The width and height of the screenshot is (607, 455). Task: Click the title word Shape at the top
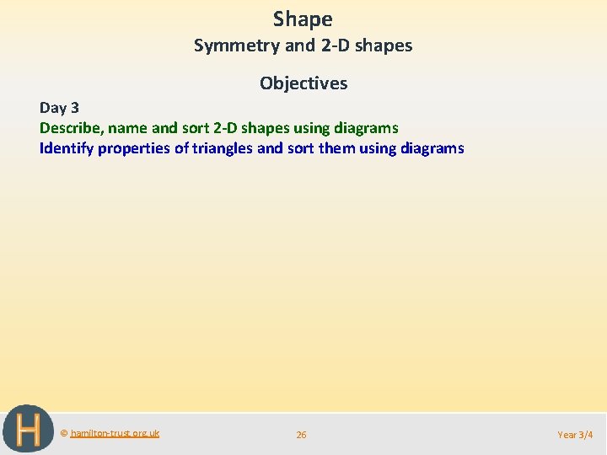pos(303,19)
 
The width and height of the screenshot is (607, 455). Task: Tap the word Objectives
pos(303,83)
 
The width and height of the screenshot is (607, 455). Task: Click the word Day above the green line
pos(53,107)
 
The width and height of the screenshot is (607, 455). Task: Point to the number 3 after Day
pos(74,107)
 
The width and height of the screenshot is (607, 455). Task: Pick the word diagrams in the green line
pos(365,128)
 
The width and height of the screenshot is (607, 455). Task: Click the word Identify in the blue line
pos(66,148)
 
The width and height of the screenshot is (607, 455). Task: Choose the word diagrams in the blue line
pos(431,148)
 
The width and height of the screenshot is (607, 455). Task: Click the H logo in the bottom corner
pos(28,430)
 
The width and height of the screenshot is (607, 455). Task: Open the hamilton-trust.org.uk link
pos(115,433)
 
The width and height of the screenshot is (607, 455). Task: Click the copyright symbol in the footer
pos(64,433)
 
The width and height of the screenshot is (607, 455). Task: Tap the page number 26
pos(301,435)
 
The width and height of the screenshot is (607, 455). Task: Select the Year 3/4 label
pos(575,435)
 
